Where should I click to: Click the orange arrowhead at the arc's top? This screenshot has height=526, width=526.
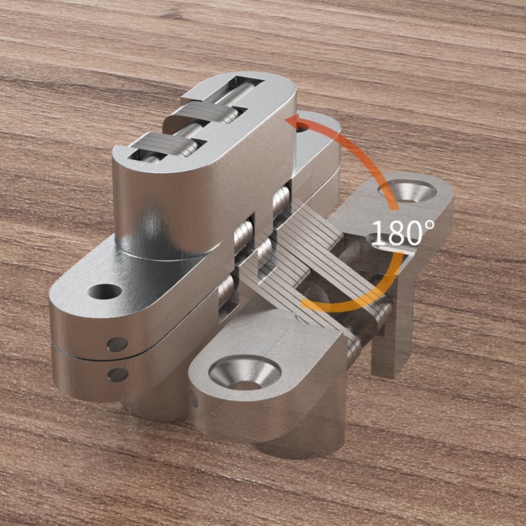[x=293, y=122]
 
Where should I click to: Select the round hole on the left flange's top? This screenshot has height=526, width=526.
[x=104, y=291]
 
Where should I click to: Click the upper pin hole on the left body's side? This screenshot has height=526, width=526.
[x=117, y=344]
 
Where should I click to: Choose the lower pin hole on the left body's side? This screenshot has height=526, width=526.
[x=118, y=375]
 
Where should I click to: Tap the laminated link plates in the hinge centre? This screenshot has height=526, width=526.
[x=309, y=263]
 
